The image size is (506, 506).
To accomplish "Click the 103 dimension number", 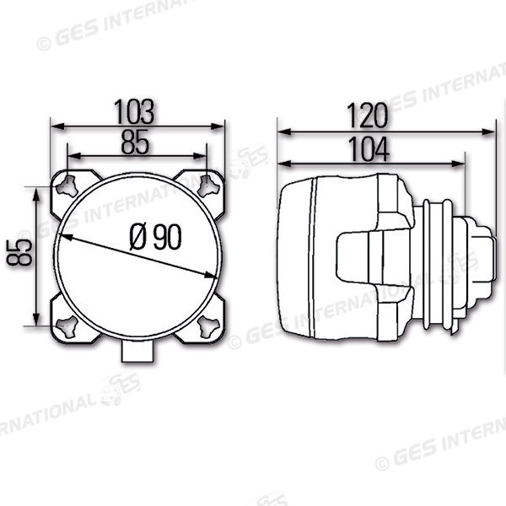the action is pos(134,112).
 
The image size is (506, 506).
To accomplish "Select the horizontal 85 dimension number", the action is pos(135,142).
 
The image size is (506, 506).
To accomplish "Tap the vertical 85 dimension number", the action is pos(19,252).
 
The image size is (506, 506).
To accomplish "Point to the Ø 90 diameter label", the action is pos(155,237).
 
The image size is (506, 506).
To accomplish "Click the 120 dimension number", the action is pos(367,116).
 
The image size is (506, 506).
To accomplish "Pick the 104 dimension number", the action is pos(369,149).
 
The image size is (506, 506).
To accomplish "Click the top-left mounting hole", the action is pos(67,186).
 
